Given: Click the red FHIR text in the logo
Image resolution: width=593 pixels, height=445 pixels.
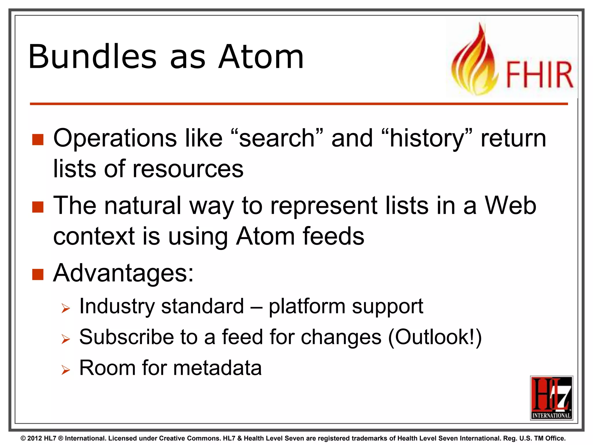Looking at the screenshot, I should (539, 75).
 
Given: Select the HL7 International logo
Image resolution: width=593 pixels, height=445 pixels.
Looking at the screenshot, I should (551, 398).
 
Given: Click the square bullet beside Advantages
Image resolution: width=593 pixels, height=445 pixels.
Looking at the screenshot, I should (38, 274).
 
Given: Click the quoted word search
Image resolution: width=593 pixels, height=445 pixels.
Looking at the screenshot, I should (277, 138).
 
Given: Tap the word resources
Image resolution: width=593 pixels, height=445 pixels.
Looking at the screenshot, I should (188, 169).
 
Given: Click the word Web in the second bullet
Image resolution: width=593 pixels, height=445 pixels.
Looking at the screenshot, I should (510, 206).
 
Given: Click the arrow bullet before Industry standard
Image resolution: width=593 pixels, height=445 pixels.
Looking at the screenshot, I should (66, 309).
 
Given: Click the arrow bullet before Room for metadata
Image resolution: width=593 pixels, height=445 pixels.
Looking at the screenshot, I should (66, 370).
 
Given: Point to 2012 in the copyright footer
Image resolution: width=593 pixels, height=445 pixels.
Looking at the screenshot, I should (34, 438).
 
